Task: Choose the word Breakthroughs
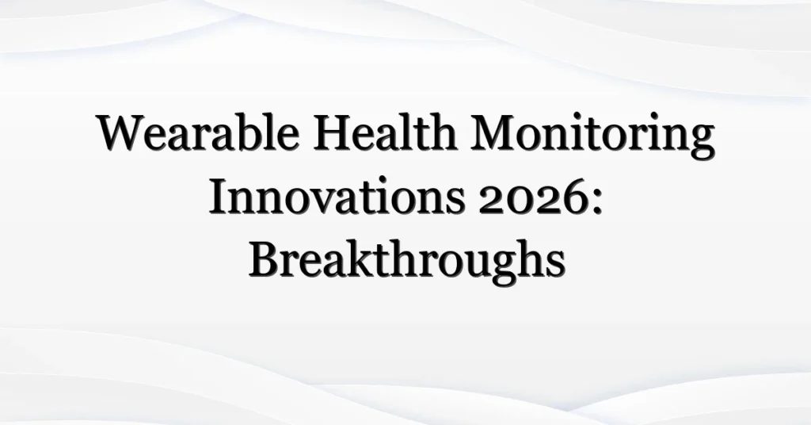point(406,262)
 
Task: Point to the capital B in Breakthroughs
point(263,261)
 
